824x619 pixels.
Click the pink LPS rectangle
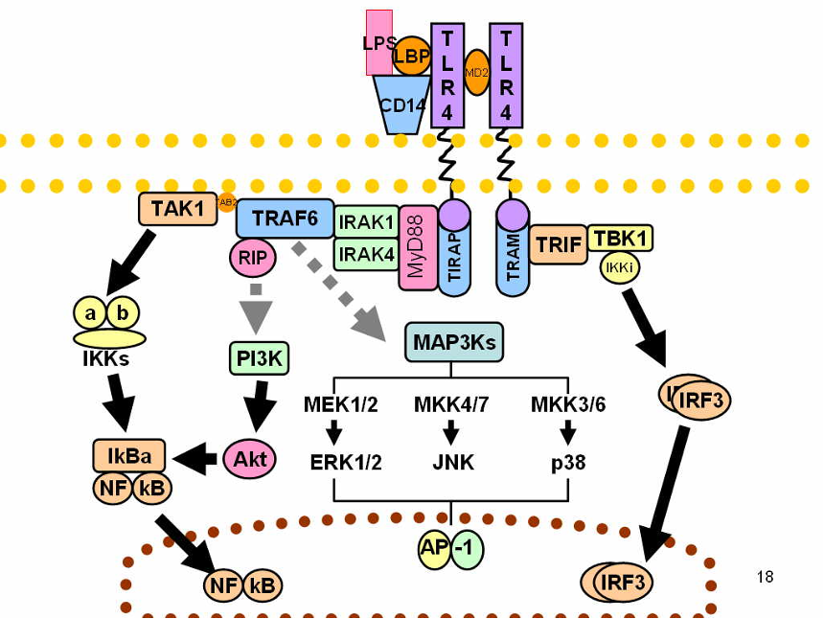[378, 42]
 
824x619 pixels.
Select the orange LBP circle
[412, 56]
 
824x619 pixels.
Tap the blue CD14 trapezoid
[401, 104]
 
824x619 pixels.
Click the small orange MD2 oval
[476, 73]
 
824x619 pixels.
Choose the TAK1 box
[178, 207]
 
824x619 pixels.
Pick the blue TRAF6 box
[285, 218]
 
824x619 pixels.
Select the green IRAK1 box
[366, 222]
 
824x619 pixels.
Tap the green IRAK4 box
[366, 255]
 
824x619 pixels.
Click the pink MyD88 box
[417, 247]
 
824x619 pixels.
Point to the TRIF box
[559, 245]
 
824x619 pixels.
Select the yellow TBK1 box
[621, 238]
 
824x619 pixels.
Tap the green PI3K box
[259, 358]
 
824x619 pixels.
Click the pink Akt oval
[251, 460]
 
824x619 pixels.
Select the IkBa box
[128, 455]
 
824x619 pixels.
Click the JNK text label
[452, 463]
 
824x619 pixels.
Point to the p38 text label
[568, 463]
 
